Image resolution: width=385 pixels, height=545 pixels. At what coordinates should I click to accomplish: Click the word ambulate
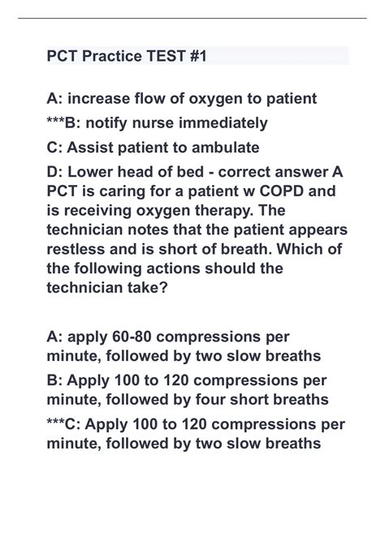[225, 148]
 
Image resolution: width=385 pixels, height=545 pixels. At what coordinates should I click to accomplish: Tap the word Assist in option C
[92, 148]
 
